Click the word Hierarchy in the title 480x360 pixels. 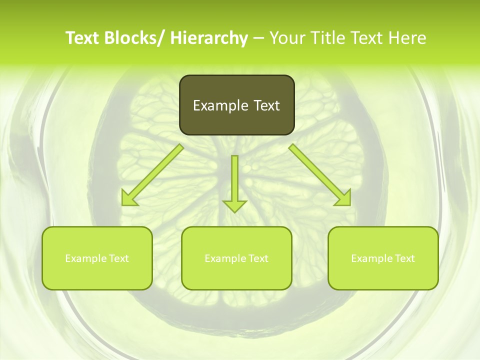point(209,38)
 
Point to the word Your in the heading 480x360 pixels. point(286,38)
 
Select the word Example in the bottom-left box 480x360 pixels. point(86,258)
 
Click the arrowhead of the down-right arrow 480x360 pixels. point(343,198)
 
